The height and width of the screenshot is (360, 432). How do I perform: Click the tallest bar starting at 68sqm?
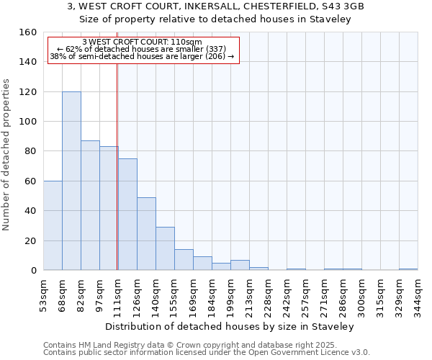pos(71,181)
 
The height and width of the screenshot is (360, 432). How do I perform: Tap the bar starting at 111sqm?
pos(127,214)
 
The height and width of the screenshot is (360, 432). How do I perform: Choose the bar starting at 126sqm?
pos(146,233)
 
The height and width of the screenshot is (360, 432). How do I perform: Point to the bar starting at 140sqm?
pos(165,248)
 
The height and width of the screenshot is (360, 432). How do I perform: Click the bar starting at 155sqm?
pos(184,260)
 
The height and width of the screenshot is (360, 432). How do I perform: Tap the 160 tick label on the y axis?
pos(28,32)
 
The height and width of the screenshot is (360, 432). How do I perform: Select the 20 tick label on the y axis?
pos(30,240)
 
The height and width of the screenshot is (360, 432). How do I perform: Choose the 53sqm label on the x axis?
pos(44,293)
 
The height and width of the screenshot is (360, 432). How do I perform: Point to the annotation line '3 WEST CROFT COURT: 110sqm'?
pos(142,42)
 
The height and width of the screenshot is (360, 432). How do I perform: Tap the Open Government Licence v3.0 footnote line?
pos(207,353)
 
